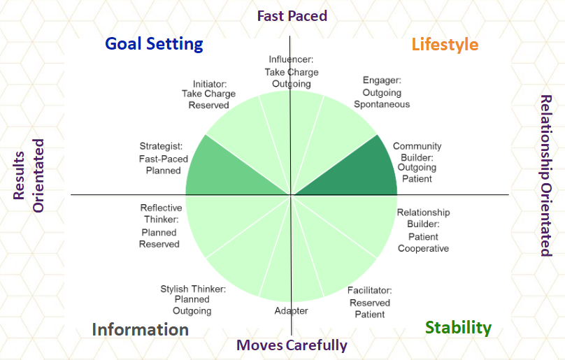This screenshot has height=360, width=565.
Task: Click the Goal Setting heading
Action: pyautogui.click(x=155, y=45)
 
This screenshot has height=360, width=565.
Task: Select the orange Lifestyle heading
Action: pyautogui.click(x=445, y=45)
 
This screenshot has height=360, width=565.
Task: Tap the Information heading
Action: pyautogui.click(x=140, y=329)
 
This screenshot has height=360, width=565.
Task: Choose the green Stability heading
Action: pyautogui.click(x=458, y=328)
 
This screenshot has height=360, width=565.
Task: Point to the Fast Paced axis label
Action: pyautogui.click(x=292, y=16)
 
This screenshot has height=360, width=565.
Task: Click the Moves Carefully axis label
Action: pyautogui.click(x=292, y=345)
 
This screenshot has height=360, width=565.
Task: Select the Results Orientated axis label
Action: pyautogui.click(x=28, y=175)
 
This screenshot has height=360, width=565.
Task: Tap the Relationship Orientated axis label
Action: pyautogui.click(x=546, y=175)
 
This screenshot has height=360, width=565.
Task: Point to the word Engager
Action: pyautogui.click(x=382, y=80)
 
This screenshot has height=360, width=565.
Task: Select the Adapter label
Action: pyautogui.click(x=291, y=310)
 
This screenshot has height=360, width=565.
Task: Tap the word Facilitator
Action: pyautogui.click(x=370, y=290)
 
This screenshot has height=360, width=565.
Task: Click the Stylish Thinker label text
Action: pyautogui.click(x=193, y=289)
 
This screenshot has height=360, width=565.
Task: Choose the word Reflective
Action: pyautogui.click(x=161, y=208)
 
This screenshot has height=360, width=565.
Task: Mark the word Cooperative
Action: pyautogui.click(x=423, y=248)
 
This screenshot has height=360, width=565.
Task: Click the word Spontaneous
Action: pyautogui.click(x=382, y=104)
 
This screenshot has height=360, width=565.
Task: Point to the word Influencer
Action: pyautogui.click(x=291, y=59)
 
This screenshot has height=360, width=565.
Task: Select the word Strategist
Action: pyautogui.click(x=161, y=146)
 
